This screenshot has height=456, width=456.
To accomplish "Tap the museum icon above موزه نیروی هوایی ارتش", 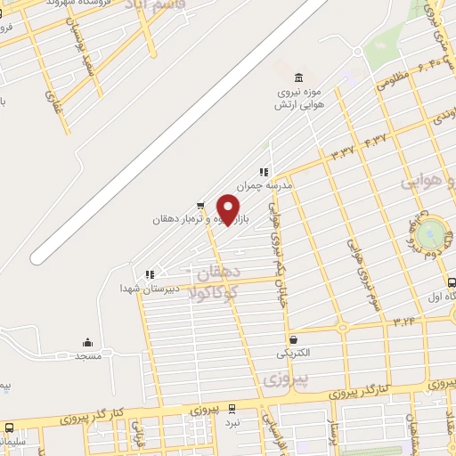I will coord(297,78).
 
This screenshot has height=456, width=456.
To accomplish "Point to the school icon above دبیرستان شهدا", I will coord(150,274).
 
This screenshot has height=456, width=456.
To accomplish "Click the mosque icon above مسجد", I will coord(87,342).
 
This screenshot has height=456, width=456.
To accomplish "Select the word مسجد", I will coord(87,355).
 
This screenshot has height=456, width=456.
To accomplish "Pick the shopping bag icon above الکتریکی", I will coord(294,338).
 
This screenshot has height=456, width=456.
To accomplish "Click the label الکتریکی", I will coord(294,353).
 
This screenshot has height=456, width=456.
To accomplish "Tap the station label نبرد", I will coord(232,423).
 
